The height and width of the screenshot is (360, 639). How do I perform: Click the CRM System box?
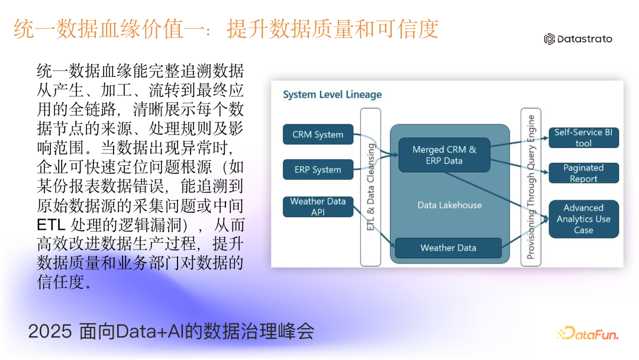click(x=318, y=134)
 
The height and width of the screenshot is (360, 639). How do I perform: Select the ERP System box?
click(x=318, y=169)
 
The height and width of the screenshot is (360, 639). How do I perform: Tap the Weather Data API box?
click(x=318, y=207)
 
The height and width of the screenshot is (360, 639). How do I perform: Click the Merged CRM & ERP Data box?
click(x=444, y=155)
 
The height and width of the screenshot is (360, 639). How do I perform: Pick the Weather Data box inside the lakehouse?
click(x=448, y=247)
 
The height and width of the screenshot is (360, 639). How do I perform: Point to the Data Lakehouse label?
click(x=450, y=205)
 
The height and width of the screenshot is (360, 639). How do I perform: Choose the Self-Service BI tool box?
click(x=583, y=137)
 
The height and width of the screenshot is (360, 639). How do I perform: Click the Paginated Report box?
click(x=583, y=173)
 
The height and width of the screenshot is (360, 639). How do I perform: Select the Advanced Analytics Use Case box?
click(x=583, y=219)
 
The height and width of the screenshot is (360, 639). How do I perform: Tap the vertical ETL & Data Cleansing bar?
click(x=371, y=187)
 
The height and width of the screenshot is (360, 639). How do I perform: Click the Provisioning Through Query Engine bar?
click(x=531, y=187)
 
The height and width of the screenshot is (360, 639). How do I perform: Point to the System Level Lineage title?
click(x=332, y=95)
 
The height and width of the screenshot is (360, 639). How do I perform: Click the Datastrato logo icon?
click(x=550, y=39)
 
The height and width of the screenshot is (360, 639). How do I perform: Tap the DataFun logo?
click(x=588, y=334)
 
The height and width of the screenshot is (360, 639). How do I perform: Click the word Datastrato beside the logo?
click(x=586, y=39)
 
